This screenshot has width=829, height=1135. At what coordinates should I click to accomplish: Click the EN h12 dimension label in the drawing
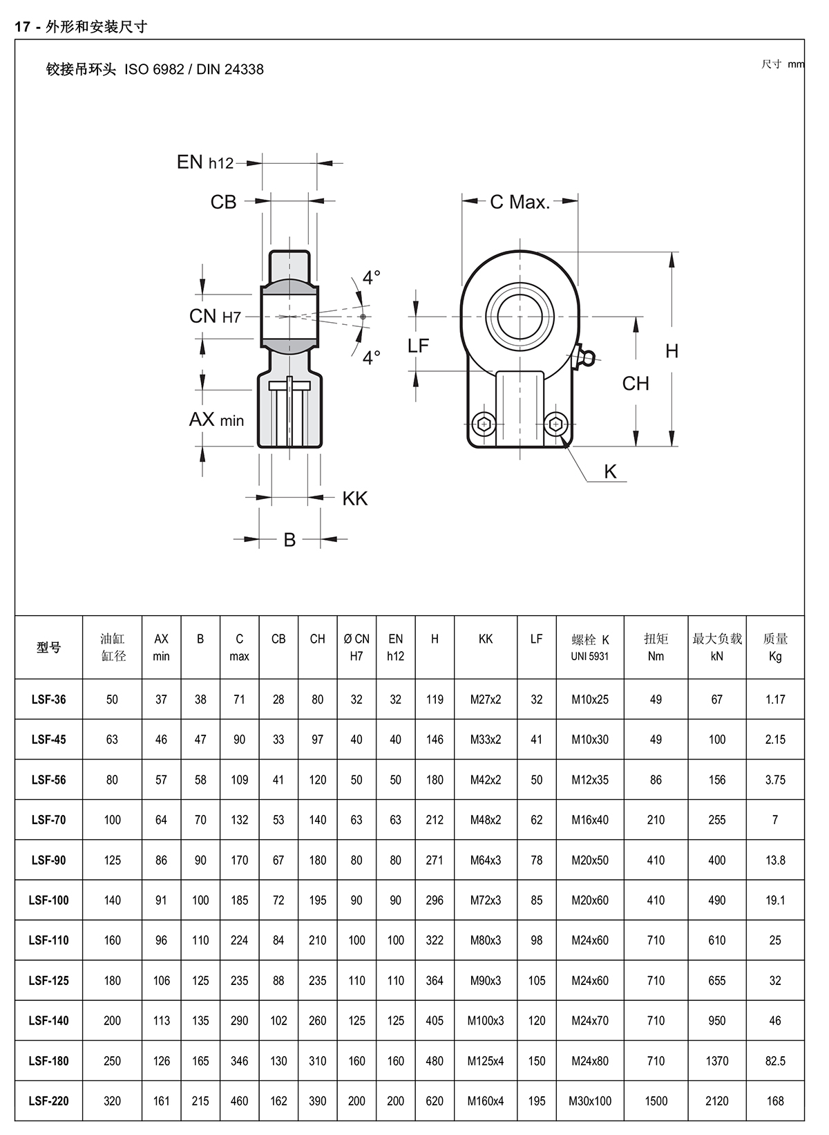tap(205, 162)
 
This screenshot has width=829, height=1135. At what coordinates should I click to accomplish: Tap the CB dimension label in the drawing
tap(223, 202)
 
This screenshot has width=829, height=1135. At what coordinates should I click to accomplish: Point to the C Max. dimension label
tap(520, 202)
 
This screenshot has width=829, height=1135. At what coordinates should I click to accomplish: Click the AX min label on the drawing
tap(216, 420)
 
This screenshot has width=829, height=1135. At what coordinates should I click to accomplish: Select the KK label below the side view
tap(355, 498)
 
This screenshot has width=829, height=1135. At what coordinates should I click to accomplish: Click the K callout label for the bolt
tap(610, 471)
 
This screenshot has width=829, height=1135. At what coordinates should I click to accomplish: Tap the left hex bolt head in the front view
tap(485, 424)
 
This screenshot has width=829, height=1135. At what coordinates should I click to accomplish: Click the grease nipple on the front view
tap(584, 357)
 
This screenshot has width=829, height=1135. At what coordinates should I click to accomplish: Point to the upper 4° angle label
tap(372, 277)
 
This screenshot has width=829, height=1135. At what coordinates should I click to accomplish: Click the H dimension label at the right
tap(671, 351)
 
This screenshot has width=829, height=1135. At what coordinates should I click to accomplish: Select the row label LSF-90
tap(49, 860)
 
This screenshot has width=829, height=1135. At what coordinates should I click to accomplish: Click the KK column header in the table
tap(486, 639)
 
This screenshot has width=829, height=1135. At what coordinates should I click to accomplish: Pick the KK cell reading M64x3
tap(486, 860)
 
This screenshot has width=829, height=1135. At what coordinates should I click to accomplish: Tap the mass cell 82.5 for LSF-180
tap(775, 1060)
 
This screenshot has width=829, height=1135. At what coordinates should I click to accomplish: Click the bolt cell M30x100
tap(590, 1100)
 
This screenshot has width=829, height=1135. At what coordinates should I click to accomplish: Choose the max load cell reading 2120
tap(717, 1100)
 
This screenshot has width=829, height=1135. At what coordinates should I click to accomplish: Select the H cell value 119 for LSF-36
tap(435, 700)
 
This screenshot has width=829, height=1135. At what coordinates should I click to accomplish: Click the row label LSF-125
tap(49, 980)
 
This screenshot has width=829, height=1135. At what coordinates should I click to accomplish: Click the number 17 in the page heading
tap(23, 27)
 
